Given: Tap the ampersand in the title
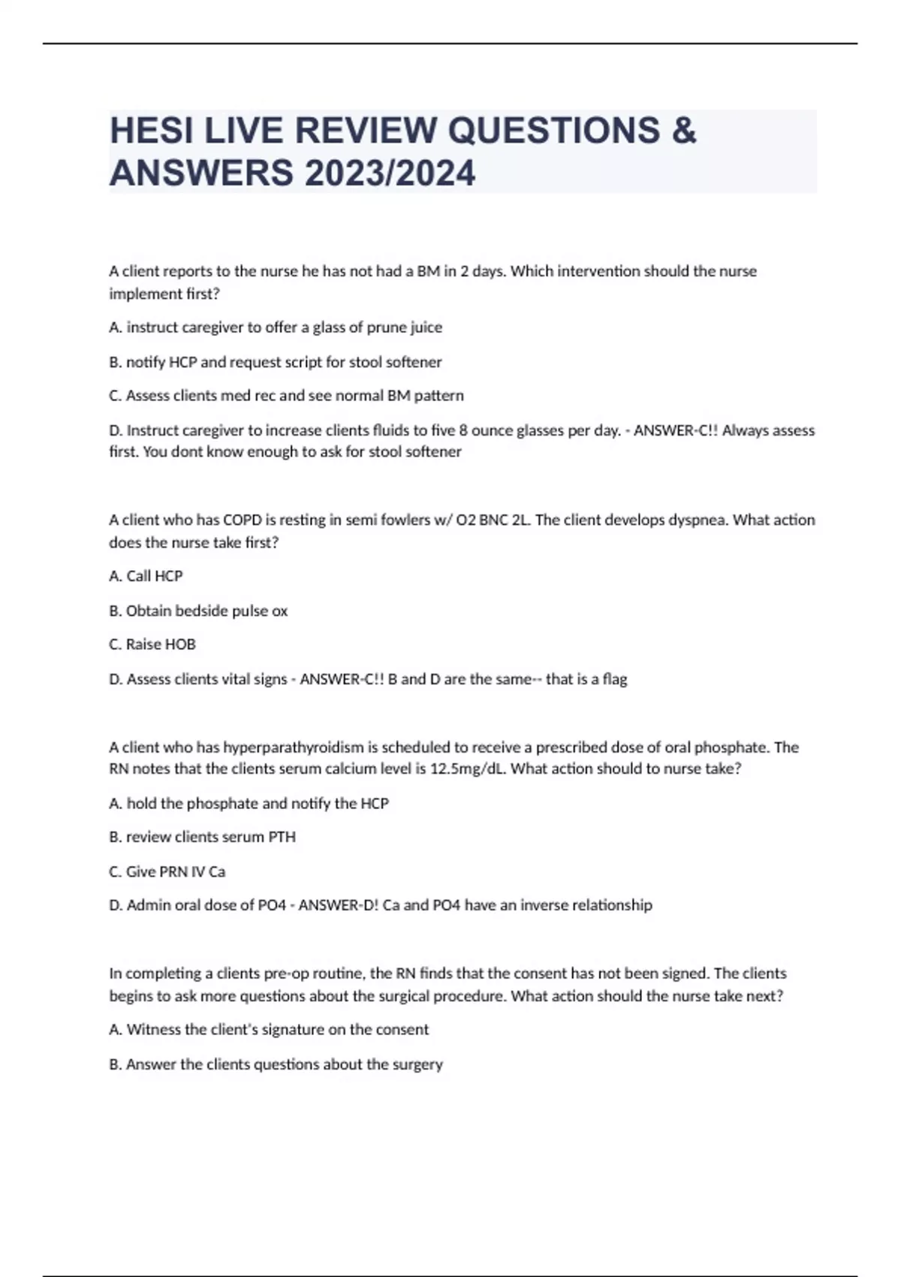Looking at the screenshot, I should [x=684, y=131].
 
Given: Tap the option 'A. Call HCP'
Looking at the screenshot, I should [x=146, y=576].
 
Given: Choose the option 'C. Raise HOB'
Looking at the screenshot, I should [x=152, y=645].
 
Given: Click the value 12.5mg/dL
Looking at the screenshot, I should [x=467, y=769].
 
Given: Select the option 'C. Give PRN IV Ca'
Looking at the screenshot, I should [x=167, y=871].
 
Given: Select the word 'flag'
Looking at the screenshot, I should [x=615, y=679].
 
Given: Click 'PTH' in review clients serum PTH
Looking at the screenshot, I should [x=282, y=837].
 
